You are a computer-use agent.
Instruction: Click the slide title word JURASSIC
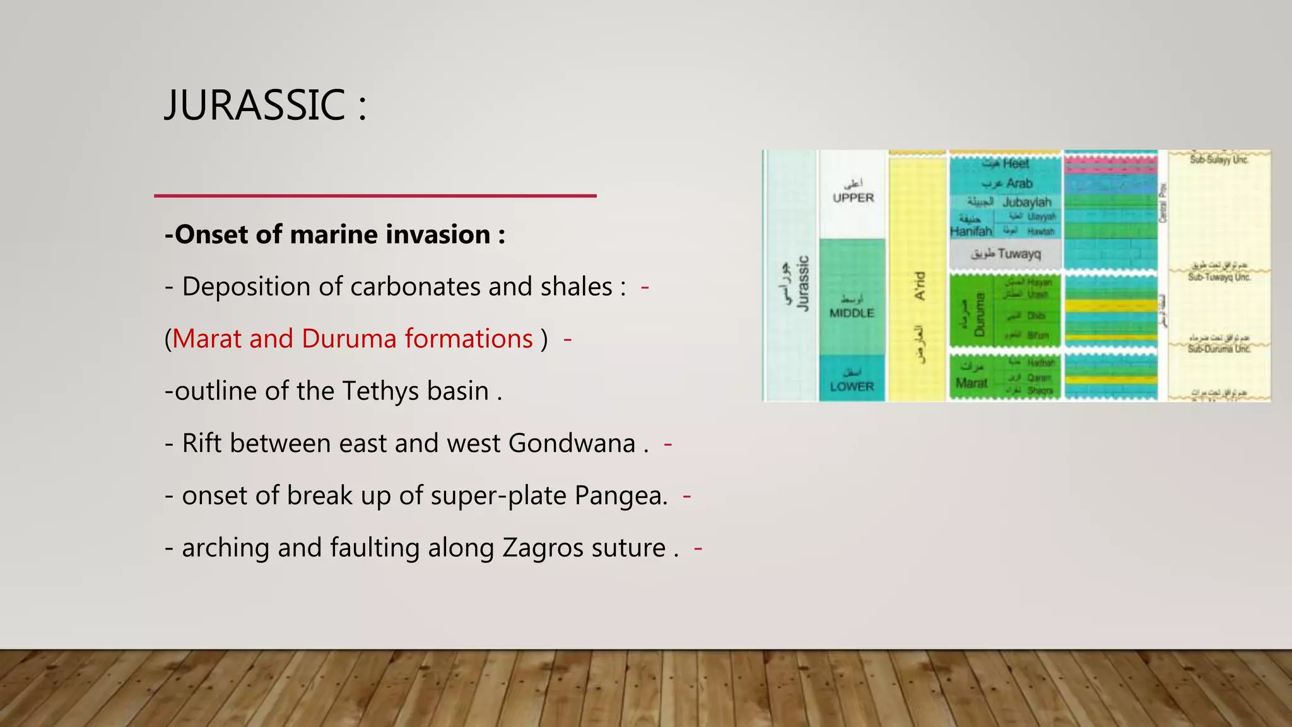tap(255, 105)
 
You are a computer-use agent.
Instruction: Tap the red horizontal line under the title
tap(375, 196)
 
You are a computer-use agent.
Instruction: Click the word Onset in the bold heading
tap(211, 235)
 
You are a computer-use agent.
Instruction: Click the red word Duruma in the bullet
tap(346, 339)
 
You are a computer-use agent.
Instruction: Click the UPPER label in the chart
tap(853, 198)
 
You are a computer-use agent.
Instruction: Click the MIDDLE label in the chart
tap(852, 313)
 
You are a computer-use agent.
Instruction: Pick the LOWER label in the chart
tap(852, 386)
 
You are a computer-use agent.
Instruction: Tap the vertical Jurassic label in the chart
tap(802, 283)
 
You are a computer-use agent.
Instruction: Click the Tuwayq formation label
tap(1019, 254)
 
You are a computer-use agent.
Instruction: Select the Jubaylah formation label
tap(1026, 203)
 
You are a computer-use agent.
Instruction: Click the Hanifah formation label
tap(971, 232)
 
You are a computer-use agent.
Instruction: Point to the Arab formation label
tap(1019, 184)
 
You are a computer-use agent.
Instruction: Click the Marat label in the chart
tap(971, 383)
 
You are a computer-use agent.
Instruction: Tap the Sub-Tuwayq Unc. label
tap(1219, 277)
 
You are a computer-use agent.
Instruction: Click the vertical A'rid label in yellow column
tap(920, 286)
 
